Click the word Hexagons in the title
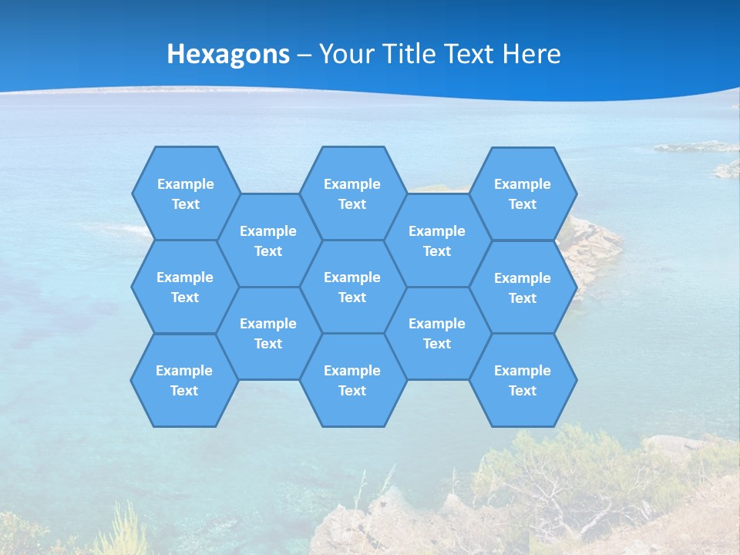click(228, 54)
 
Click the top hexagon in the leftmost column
click(186, 193)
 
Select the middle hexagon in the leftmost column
click(185, 287)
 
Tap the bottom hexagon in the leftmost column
click(184, 380)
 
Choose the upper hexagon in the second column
click(268, 240)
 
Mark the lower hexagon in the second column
click(268, 333)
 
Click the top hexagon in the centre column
click(352, 193)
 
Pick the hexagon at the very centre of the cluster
click(352, 287)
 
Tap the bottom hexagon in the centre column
click(352, 380)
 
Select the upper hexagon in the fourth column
click(437, 240)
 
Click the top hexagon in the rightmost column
click(523, 193)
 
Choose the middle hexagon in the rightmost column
click(523, 288)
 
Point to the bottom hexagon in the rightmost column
click(523, 380)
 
